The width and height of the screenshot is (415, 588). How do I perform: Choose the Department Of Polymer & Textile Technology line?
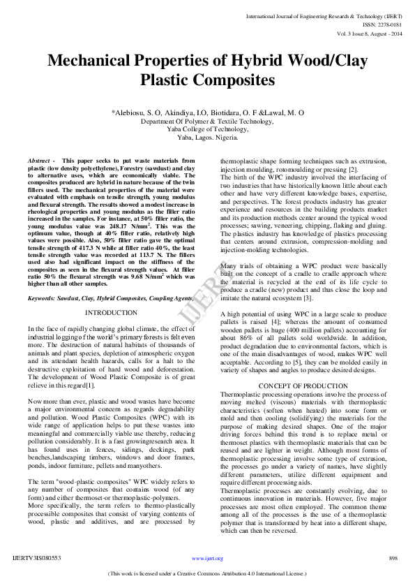[x=207, y=121]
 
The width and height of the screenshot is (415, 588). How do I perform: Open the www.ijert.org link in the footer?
[x=207, y=559]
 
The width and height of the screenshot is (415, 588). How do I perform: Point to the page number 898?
[x=393, y=559]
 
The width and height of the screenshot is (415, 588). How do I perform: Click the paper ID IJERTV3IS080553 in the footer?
[x=37, y=559]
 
